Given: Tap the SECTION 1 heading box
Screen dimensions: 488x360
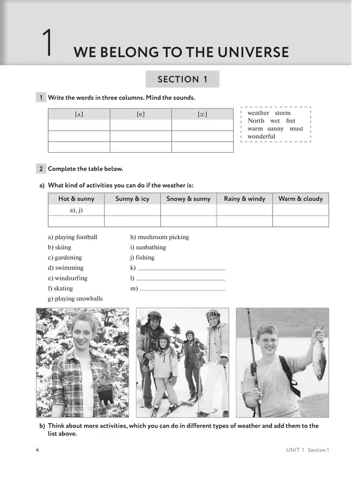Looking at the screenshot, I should tap(182, 79).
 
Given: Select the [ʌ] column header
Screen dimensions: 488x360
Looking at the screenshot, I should tap(79, 115).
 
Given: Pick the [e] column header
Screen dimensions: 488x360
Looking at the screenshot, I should tap(141, 115).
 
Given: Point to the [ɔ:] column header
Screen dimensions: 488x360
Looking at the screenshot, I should tap(202, 115).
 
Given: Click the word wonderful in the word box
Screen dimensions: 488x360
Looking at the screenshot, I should tap(261, 136).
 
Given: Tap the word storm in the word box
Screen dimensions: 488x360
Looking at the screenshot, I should tap(282, 113).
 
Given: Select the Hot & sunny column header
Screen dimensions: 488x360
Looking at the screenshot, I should tap(76, 199).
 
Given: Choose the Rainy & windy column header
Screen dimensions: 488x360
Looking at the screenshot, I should tap(244, 199).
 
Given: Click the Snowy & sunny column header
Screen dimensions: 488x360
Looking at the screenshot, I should tap(188, 199).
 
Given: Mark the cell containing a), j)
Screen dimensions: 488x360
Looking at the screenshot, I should tap(76, 210).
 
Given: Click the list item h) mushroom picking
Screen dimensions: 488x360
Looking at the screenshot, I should tap(160, 237).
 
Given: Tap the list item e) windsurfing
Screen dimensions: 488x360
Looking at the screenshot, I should tap(68, 278).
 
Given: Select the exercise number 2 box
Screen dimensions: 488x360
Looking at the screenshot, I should tap(41, 169).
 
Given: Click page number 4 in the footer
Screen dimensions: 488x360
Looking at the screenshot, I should tap(37, 449).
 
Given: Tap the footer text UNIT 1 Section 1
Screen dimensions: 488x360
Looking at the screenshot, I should tap(304, 450).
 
